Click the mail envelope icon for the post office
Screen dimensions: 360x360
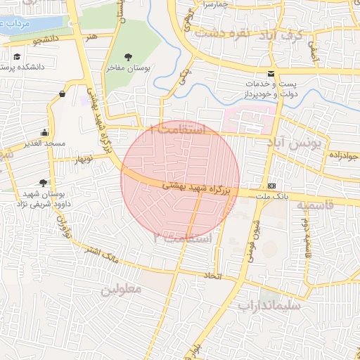(271, 75)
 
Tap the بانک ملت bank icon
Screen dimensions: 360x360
(271, 186)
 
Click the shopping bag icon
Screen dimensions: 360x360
(63, 93)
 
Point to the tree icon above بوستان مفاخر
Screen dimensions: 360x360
(127, 56)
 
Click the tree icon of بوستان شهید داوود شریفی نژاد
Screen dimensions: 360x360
(44, 182)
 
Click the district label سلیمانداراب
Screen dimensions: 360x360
(269, 306)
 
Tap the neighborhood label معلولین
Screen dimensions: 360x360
(121, 289)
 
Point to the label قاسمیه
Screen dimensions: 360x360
(312, 205)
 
